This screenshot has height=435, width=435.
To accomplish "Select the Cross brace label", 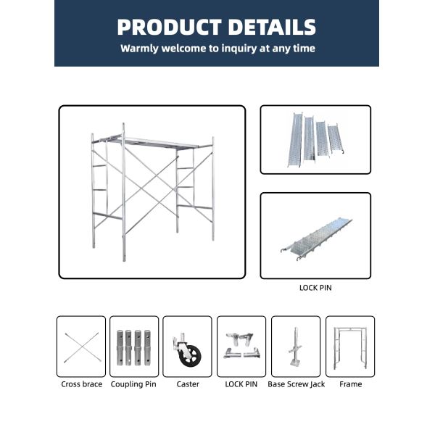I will pyautogui.click(x=81, y=384).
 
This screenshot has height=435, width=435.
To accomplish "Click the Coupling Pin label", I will pyautogui.click(x=134, y=384).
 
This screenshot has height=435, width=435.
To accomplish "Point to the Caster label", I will pyautogui.click(x=188, y=384).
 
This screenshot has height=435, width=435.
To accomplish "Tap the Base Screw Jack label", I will pyautogui.click(x=296, y=384).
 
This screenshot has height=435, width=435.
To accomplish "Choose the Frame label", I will pyautogui.click(x=351, y=384).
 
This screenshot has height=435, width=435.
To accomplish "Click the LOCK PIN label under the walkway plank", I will pyautogui.click(x=315, y=287).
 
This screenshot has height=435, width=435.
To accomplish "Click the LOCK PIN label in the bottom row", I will pyautogui.click(x=241, y=384).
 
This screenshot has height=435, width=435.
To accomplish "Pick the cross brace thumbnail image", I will pyautogui.click(x=81, y=346).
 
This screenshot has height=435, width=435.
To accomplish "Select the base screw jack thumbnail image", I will pyautogui.click(x=295, y=346).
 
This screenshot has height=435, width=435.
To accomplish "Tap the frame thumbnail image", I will pyautogui.click(x=350, y=346).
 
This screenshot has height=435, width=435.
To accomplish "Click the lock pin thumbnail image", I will pyautogui.click(x=241, y=346).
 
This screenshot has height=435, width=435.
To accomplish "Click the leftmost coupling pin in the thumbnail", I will pyautogui.click(x=120, y=346).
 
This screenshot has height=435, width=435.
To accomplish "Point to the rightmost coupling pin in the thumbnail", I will pyautogui.click(x=148, y=346).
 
